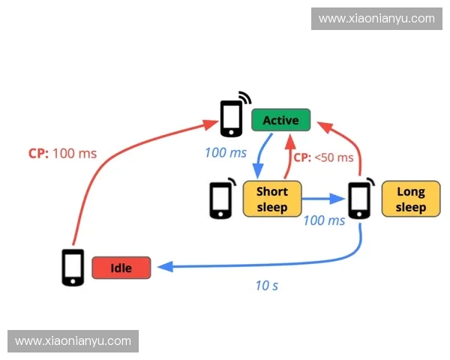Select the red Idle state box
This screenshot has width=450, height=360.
point(121,268)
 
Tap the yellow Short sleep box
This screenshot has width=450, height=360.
point(272,199)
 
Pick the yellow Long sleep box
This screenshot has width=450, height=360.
point(410,199)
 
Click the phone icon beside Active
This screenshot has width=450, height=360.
point(232,118)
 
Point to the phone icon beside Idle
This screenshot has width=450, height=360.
point(72,267)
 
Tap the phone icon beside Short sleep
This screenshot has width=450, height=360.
point(220,199)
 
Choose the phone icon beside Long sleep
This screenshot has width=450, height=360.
point(360,199)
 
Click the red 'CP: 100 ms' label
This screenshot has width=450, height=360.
point(62,153)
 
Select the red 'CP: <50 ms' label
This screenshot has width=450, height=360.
point(322,157)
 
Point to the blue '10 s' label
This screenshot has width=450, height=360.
point(266,286)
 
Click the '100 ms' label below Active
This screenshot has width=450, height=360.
point(226,153)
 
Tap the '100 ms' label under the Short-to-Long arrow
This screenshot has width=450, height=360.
point(324,220)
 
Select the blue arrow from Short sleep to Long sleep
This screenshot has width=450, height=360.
point(325,199)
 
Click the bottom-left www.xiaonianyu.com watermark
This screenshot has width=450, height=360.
point(73,341)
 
